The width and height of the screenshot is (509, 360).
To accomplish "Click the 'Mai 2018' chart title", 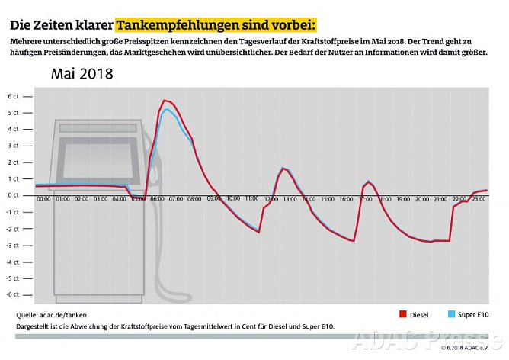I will point(82,74).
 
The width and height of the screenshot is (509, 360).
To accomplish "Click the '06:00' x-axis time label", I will point(157,199).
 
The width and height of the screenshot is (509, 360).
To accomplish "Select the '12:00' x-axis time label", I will point(271,199).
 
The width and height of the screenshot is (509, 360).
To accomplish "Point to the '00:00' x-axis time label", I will point(44,199).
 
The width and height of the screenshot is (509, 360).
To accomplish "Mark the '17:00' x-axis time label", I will point(365,199).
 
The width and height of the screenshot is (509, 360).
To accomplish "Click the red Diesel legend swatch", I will point(403,314).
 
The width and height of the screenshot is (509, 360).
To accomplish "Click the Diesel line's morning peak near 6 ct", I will point(165,101).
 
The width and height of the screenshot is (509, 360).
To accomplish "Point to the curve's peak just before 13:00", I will point(283,169).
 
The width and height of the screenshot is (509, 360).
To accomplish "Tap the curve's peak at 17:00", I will point(369,182).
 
